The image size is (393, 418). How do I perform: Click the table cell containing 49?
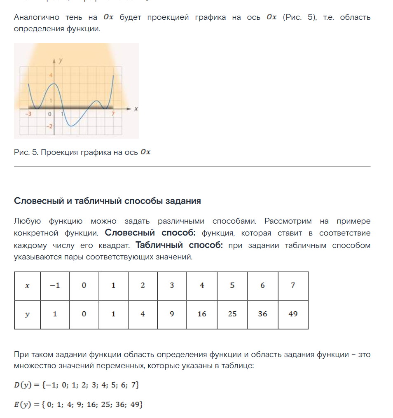click(x=293, y=314)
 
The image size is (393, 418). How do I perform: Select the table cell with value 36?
click(x=262, y=314)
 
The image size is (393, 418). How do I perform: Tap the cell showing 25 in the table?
click(x=232, y=314)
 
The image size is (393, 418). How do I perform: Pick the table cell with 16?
click(x=202, y=314)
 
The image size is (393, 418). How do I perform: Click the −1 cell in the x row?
click(x=55, y=285)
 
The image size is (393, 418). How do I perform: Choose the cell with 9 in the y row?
click(x=172, y=314)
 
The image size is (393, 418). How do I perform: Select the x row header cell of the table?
click(x=27, y=285)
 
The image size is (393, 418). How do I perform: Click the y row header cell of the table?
click(x=27, y=314)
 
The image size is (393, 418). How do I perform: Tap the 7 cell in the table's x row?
click(x=293, y=285)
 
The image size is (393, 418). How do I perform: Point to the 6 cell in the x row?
click(x=262, y=285)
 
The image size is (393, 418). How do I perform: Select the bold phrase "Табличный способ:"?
click(x=179, y=245)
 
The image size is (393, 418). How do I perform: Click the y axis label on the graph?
click(x=61, y=60)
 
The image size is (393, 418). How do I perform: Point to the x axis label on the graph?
click(x=136, y=109)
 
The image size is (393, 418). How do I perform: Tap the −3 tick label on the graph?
click(x=28, y=113)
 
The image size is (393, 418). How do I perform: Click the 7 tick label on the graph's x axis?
click(x=112, y=113)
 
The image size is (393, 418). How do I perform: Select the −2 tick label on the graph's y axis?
click(x=50, y=126)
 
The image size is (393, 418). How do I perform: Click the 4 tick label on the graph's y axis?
click(x=51, y=75)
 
